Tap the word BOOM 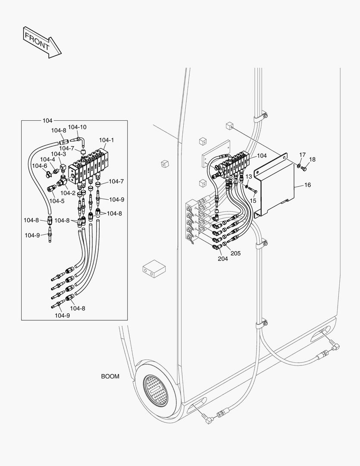pos(110,376)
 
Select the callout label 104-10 pos(77,127)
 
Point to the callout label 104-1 pos(106,140)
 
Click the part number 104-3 pos(58,154)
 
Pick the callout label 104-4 pos(47,160)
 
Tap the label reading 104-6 pos(39,166)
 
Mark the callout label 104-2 pos(68,193)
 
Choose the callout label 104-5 pos(56,201)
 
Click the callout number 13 pos(248,177)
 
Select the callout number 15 pos(253,201)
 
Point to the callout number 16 pos(307,185)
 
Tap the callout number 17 pos(302,154)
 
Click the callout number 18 pos(312,159)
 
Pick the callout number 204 pos(222,259)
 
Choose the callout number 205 pos(235,253)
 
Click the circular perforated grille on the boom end pos(155,389)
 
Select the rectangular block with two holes pos(154,269)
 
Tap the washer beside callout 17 pos(299,165)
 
